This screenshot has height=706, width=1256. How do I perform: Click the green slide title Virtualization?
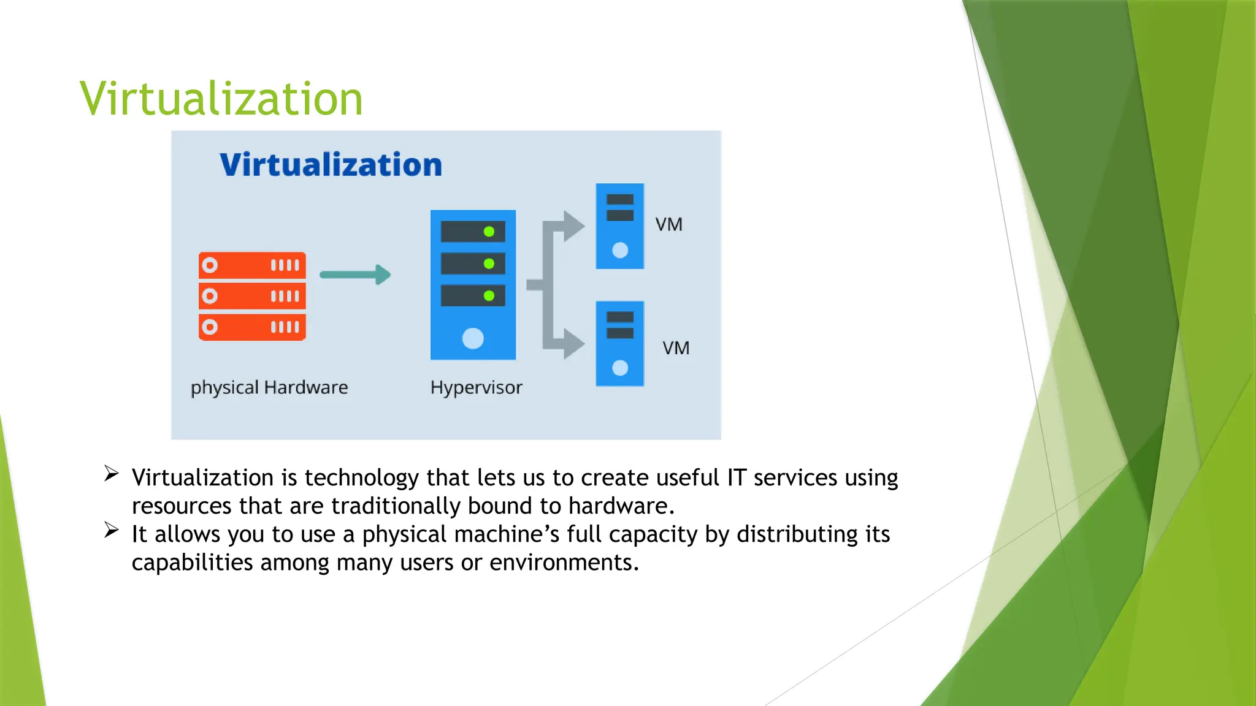221,99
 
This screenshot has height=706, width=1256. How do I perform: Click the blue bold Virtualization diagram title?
331,165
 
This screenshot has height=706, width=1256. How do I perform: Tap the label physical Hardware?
269,387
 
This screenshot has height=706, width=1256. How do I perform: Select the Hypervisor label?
476,387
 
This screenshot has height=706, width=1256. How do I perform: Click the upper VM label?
668,224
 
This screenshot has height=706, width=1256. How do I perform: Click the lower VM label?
676,348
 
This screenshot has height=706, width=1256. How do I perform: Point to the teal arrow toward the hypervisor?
355,275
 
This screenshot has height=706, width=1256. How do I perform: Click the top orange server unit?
252,265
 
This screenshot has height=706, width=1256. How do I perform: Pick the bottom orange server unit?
252,327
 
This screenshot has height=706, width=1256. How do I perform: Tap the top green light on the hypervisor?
489,232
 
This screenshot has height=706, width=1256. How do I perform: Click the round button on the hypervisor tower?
473,338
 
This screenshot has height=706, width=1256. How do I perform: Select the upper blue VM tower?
620,226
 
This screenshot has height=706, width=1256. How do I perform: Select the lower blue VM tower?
620,344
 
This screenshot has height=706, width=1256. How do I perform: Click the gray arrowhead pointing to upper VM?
573,226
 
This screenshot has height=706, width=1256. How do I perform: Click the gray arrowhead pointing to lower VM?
573,344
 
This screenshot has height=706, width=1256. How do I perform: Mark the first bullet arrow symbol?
111,473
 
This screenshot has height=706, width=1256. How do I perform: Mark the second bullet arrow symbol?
111,529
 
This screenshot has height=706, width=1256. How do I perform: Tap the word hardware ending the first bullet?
621,506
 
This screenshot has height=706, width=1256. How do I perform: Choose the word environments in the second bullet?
564,563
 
